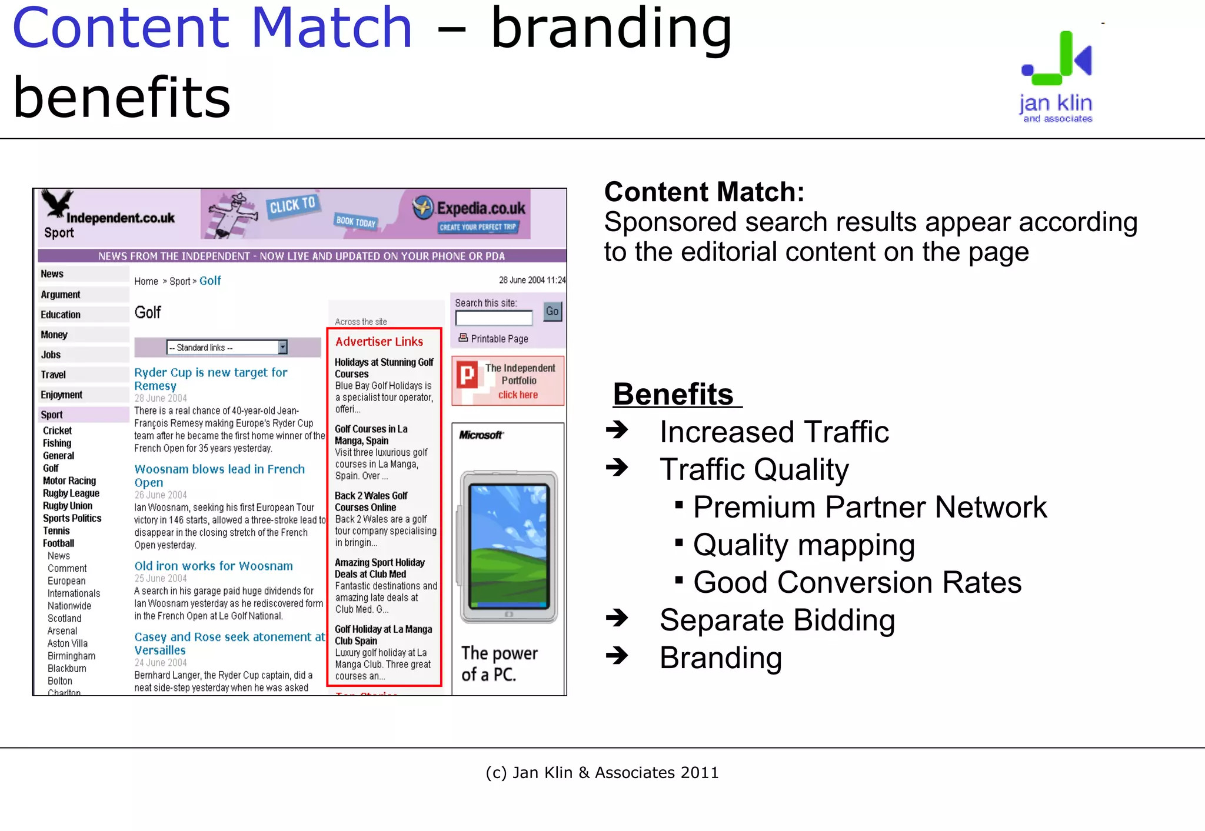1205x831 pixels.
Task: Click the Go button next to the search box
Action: pyautogui.click(x=552, y=311)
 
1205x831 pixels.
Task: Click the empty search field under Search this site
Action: pyautogui.click(x=494, y=318)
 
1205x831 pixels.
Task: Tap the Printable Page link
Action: pyautogui.click(x=499, y=339)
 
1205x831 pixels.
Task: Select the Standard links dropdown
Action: pyautogui.click(x=227, y=348)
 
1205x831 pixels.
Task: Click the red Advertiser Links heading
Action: pyautogui.click(x=379, y=342)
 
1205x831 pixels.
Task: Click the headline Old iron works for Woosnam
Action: pyautogui.click(x=214, y=566)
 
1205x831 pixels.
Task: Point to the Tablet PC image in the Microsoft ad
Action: pyautogui.click(x=508, y=547)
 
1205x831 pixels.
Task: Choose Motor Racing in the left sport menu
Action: pyautogui.click(x=69, y=480)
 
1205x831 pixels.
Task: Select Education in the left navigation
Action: pyautogui.click(x=61, y=315)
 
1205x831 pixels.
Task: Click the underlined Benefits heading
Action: pyautogui.click(x=674, y=394)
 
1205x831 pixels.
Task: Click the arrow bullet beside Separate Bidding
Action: pyautogui.click(x=617, y=618)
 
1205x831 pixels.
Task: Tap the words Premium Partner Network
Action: pyautogui.click(x=870, y=507)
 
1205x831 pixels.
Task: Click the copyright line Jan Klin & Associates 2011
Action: pyautogui.click(x=602, y=772)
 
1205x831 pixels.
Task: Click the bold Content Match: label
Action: pyautogui.click(x=704, y=192)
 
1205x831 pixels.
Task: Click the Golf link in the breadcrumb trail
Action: pyautogui.click(x=210, y=281)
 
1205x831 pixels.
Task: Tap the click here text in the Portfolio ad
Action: pyautogui.click(x=518, y=395)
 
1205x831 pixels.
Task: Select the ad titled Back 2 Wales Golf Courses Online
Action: pyautogui.click(x=371, y=501)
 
